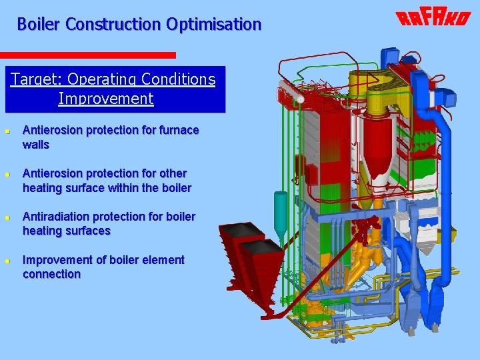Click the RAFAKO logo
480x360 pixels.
tap(433, 18)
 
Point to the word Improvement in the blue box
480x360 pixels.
tap(106, 99)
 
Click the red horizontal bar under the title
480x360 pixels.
tap(87, 55)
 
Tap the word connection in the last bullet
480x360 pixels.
tap(51, 274)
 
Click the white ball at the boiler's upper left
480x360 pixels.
tap(301, 99)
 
